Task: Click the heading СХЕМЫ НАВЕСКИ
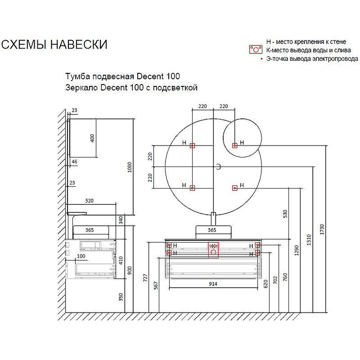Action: click(x=54, y=45)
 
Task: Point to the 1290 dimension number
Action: click(x=297, y=251)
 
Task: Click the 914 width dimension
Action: click(x=213, y=284)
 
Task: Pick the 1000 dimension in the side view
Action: click(x=130, y=167)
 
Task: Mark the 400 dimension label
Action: click(x=93, y=138)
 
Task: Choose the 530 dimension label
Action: click(x=284, y=214)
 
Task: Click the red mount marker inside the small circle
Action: click(x=234, y=145)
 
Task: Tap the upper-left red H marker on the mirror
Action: click(x=192, y=145)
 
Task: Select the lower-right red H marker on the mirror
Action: click(x=234, y=188)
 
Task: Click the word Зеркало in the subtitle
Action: click(x=81, y=88)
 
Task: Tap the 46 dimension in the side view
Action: click(x=74, y=161)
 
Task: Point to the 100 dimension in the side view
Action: click(x=81, y=256)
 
